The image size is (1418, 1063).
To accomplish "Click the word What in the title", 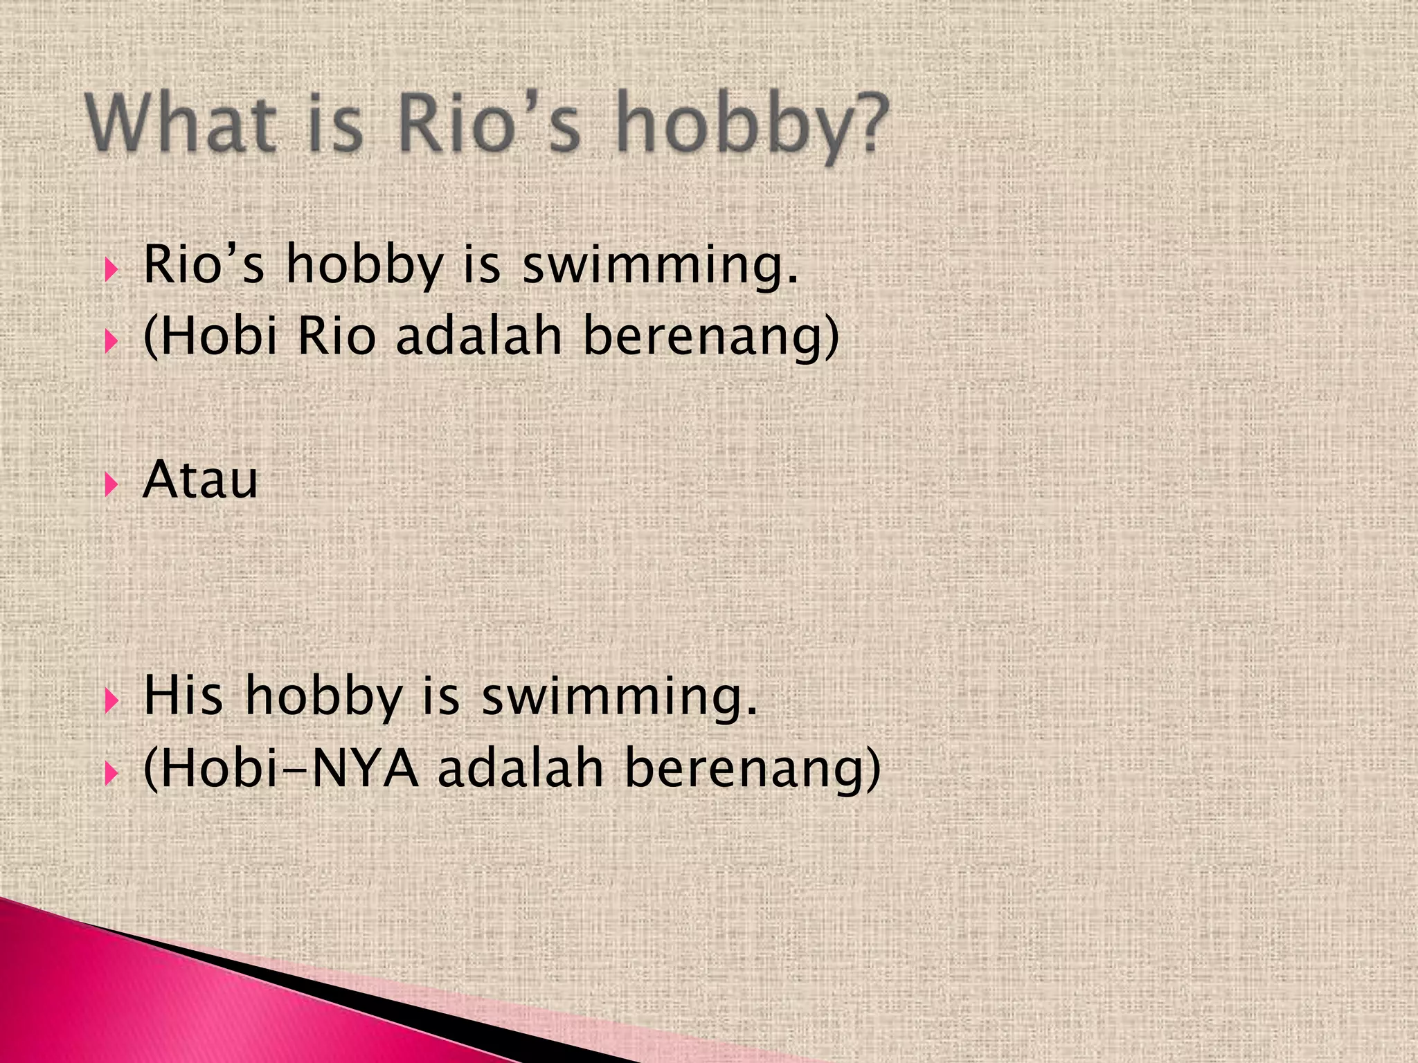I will [x=180, y=125].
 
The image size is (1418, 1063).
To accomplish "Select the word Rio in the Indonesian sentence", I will [x=336, y=337].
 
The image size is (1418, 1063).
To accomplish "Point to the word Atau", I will [x=200, y=480].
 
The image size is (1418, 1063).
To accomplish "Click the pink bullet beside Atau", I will [x=111, y=484].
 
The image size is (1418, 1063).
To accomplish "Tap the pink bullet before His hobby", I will [x=111, y=700].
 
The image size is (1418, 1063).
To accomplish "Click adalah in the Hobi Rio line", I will [x=478, y=337].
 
